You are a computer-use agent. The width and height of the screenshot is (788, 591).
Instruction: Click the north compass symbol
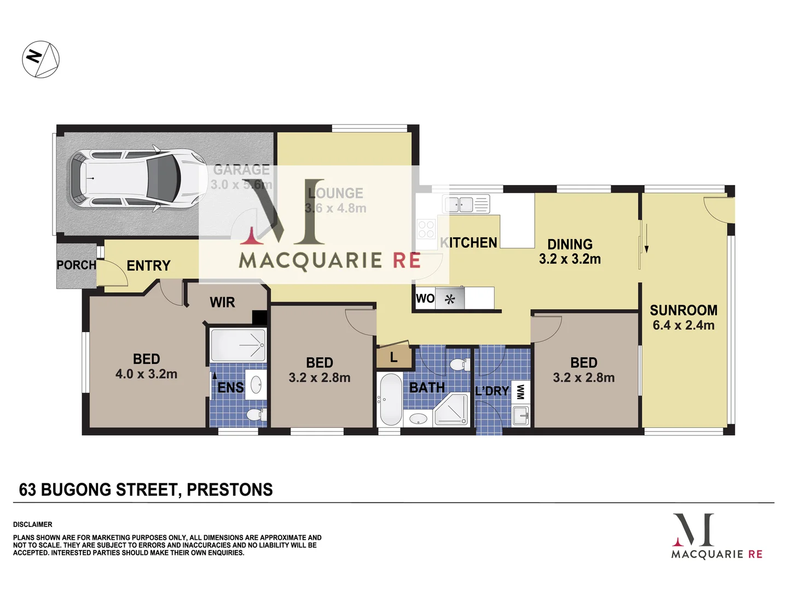(40, 59)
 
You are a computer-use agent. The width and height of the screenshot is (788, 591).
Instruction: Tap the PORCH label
(76, 265)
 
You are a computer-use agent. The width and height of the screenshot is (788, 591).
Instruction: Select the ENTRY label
(148, 266)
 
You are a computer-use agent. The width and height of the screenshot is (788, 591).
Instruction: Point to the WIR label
(222, 302)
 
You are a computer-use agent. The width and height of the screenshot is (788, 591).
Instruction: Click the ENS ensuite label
(230, 387)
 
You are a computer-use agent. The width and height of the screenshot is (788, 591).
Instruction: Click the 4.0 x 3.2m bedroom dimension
(146, 374)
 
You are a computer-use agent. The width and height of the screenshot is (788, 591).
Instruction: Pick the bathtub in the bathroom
(390, 399)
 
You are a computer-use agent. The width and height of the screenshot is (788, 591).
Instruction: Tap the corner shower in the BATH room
(452, 410)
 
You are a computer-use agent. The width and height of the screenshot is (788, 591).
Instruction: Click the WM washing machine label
(520, 392)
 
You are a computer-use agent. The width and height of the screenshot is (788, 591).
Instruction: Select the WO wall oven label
(425, 299)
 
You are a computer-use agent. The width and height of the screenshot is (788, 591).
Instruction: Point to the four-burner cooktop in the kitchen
(426, 229)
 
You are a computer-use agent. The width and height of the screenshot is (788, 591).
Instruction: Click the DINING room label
(570, 244)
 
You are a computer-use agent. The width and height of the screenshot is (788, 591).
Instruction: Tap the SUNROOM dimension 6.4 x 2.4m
(683, 325)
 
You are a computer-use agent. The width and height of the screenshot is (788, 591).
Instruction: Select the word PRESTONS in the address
(229, 489)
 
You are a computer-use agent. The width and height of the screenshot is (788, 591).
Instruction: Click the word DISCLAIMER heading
(33, 524)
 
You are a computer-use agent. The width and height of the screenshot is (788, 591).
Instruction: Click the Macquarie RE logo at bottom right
(716, 536)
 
